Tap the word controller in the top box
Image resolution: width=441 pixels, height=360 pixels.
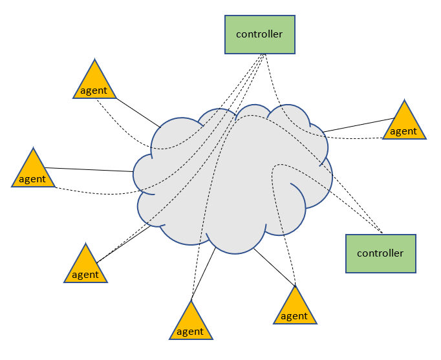(259, 34)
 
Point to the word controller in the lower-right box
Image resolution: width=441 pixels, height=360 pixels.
(380, 253)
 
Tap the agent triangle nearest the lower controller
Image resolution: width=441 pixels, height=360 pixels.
(295, 309)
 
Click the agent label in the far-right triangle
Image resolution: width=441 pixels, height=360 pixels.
(404, 131)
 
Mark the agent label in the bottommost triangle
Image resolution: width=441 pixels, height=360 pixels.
(190, 332)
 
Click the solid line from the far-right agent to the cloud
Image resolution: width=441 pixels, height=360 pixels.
(359, 125)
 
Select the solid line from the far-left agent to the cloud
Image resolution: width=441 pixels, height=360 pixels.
(89, 169)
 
